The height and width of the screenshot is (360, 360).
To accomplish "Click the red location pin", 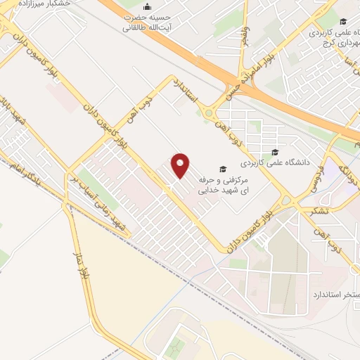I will pyautogui.click(x=181, y=165).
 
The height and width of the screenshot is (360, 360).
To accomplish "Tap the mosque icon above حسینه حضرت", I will pyautogui.click(x=146, y=4).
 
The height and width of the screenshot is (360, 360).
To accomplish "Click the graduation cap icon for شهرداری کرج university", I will pyautogui.click(x=342, y=21).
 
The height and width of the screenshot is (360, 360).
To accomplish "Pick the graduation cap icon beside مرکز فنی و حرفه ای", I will pyautogui.click(x=223, y=169).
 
